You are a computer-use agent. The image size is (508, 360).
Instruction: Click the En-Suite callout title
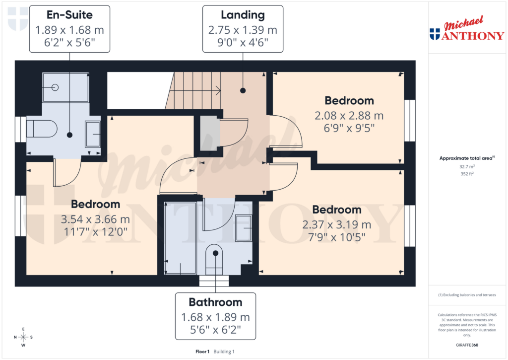[x=69, y=15]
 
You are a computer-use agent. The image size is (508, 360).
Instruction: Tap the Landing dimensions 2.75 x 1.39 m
[x=243, y=30]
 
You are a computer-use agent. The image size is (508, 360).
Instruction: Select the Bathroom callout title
[x=215, y=302]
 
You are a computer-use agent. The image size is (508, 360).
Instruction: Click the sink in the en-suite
[x=92, y=134]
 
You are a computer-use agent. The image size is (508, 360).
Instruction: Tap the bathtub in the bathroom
[x=180, y=238]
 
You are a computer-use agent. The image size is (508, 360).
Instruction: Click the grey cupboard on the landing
[x=209, y=133]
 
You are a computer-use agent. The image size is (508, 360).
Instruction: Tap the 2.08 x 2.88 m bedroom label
[x=349, y=116]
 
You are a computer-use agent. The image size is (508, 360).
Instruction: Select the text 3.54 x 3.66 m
[x=95, y=219]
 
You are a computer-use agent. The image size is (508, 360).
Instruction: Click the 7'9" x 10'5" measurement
[x=337, y=237]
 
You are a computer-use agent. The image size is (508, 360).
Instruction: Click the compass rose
[x=23, y=337]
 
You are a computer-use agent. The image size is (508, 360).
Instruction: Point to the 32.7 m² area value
[x=466, y=167]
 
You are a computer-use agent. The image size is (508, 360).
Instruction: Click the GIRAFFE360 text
[x=467, y=345]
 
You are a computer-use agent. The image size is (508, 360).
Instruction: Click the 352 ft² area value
[x=466, y=174]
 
